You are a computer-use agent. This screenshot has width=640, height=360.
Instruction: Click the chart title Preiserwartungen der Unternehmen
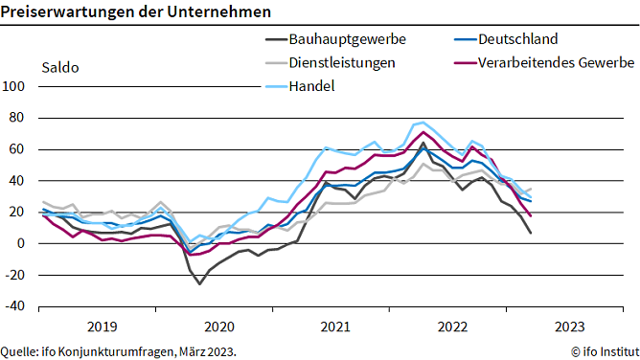tap(135, 12)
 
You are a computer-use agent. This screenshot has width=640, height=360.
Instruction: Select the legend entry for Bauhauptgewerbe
tap(348, 39)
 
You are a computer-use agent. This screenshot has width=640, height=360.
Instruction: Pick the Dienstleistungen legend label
tap(349, 62)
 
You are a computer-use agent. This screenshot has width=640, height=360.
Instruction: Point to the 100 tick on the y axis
tap(17, 85)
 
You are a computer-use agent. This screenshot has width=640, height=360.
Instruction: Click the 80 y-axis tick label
tap(20, 117)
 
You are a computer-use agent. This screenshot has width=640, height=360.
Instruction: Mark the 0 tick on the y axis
tap(24, 244)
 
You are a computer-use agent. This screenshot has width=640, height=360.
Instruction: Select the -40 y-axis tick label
tap(17, 307)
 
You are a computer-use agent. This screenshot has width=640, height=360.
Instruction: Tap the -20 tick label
tap(17, 276)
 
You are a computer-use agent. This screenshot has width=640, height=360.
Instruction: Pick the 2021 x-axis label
tap(335, 326)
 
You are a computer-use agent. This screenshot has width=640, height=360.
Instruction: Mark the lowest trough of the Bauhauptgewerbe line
tap(200, 283)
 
